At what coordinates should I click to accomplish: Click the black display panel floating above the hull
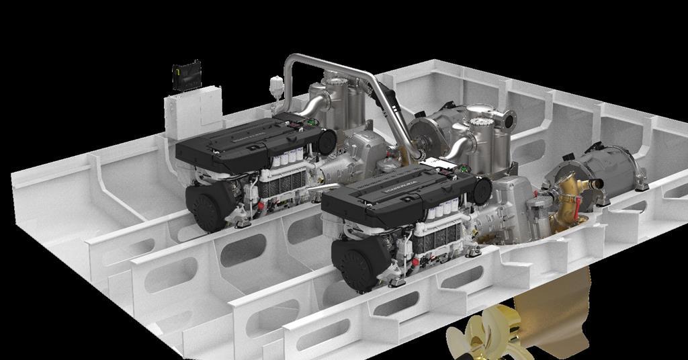[x=186, y=75]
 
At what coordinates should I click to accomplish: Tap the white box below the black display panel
[x=193, y=111]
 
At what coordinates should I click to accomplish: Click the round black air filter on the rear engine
[x=326, y=142]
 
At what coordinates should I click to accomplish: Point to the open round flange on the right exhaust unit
[x=509, y=121]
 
